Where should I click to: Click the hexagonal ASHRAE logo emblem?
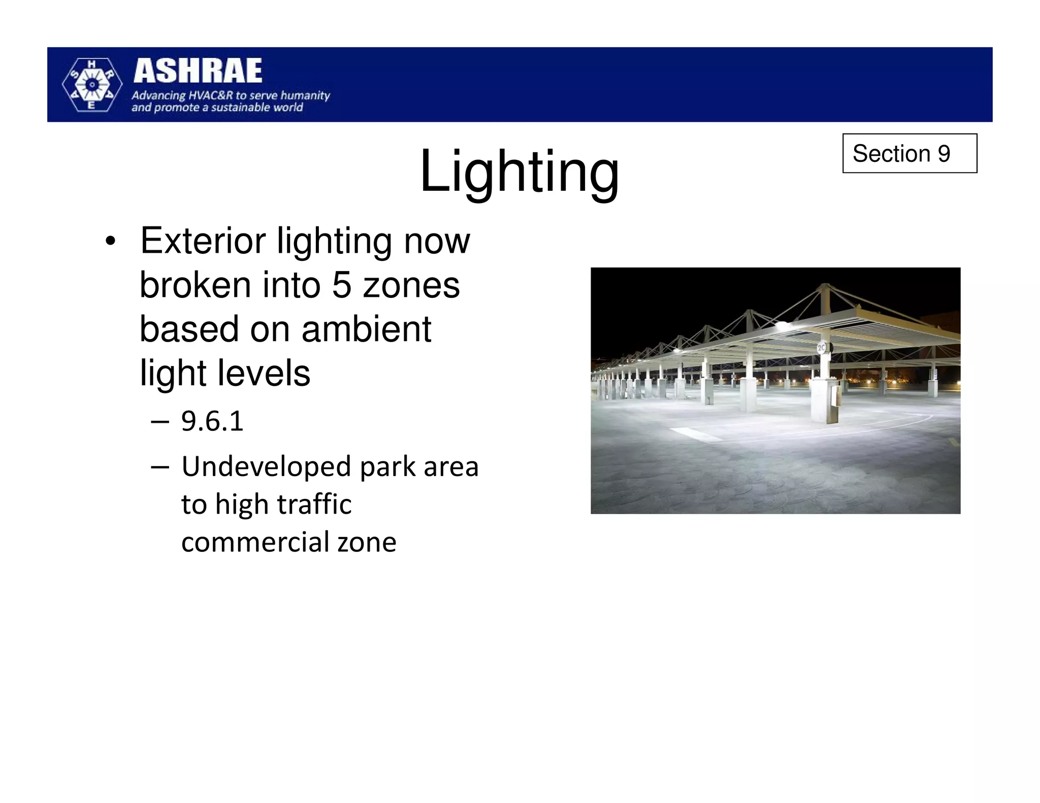point(92,85)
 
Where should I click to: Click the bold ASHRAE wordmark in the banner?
point(198,71)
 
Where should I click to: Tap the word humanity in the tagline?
point(305,95)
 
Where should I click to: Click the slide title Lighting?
point(519,172)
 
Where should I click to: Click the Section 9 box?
point(909,153)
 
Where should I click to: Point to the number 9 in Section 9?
point(944,153)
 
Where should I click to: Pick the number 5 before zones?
point(341,285)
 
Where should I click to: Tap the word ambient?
point(366,329)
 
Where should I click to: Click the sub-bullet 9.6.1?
point(212,421)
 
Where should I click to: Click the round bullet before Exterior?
point(110,242)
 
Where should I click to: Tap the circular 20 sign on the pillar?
point(821,348)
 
